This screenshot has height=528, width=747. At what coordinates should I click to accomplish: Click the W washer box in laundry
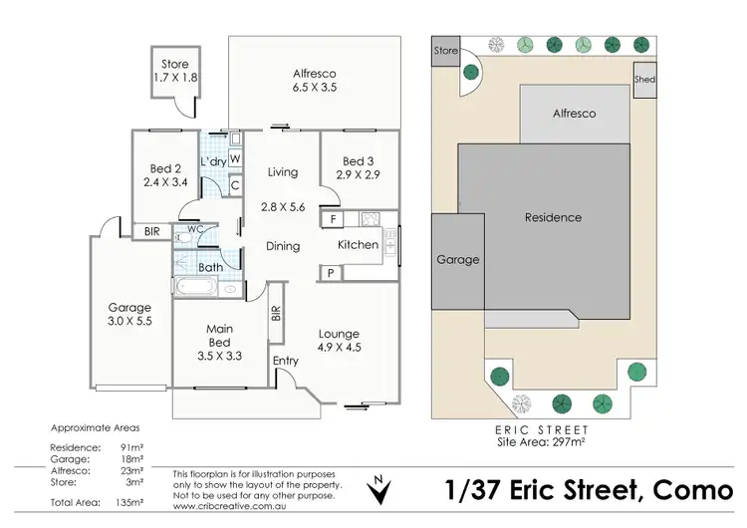236,158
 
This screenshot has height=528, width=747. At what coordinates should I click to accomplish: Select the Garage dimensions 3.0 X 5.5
129,323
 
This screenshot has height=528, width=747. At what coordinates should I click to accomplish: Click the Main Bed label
220,328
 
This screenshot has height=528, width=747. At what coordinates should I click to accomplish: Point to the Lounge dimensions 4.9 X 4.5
339,349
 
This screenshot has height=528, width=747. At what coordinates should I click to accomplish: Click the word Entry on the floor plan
285,362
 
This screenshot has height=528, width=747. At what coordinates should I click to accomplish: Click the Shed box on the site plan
645,80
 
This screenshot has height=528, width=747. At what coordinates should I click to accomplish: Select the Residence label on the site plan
554,217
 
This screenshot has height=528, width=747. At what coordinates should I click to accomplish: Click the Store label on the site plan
446,50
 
